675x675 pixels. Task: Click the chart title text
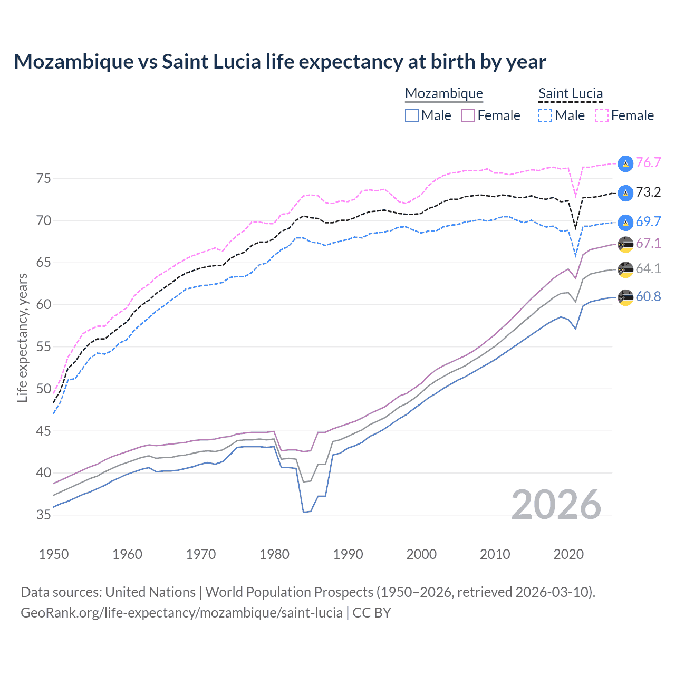(279, 62)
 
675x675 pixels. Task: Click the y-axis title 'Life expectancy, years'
(22, 337)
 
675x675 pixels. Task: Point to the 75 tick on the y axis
(44, 178)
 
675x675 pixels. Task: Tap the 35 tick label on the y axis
(44, 515)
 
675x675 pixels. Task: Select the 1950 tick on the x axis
(54, 554)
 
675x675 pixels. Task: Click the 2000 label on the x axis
(421, 554)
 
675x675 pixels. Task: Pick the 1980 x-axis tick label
(274, 554)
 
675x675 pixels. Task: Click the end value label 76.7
(648, 162)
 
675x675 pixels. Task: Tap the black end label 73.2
(648, 192)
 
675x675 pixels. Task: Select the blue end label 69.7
(648, 221)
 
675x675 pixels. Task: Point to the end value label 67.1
(648, 243)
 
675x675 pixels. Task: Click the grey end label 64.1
(648, 268)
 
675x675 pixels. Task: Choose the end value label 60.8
(648, 296)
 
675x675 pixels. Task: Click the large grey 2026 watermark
(556, 505)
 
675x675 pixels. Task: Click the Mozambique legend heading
(444, 93)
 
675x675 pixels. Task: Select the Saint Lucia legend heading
(571, 93)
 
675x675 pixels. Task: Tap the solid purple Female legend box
(468, 115)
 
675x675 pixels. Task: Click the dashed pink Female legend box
(602, 115)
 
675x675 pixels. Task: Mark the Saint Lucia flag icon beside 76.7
(625, 163)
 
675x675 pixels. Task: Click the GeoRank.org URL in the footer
(181, 613)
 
